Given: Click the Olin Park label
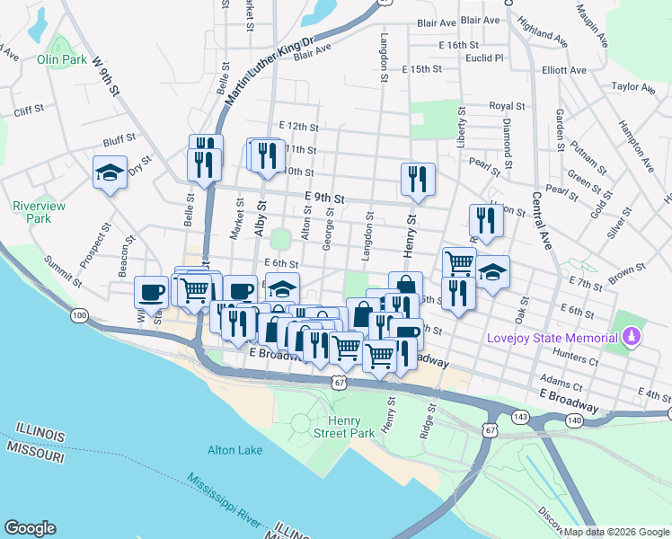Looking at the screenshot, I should pyautogui.click(x=61, y=59).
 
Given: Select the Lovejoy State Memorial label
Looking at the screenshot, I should pyautogui.click(x=552, y=338).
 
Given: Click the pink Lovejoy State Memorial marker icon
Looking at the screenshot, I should pyautogui.click(x=632, y=337).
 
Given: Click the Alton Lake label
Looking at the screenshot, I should pyautogui.click(x=234, y=450).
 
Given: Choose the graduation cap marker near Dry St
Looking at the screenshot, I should pyautogui.click(x=110, y=172).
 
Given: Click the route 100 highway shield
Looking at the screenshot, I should pyautogui.click(x=80, y=315).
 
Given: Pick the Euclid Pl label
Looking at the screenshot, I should pyautogui.click(x=484, y=57).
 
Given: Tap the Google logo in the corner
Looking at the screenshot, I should pyautogui.click(x=30, y=528).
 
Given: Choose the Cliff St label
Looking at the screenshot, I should pyautogui.click(x=29, y=110).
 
